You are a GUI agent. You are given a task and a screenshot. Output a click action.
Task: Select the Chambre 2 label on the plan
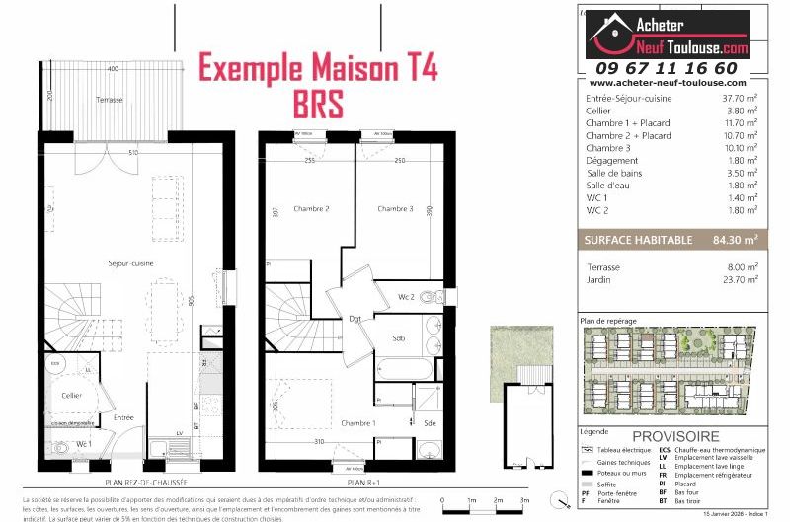[x=311, y=209]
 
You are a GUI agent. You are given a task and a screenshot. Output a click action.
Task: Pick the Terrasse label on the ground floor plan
[x=110, y=102]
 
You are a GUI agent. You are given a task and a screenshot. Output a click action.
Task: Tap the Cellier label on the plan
[x=70, y=395]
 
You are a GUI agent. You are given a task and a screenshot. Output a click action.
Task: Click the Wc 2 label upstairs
[x=406, y=297]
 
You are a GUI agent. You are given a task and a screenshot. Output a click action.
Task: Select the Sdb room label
[x=399, y=338]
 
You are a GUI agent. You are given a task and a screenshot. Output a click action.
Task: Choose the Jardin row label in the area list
[x=598, y=280]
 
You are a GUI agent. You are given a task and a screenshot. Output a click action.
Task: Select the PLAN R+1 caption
[x=363, y=483]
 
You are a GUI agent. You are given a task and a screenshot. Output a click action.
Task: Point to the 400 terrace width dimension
[x=114, y=69]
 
